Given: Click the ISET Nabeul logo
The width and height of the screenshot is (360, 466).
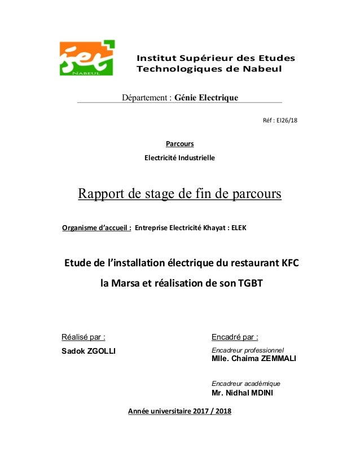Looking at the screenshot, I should [87, 58].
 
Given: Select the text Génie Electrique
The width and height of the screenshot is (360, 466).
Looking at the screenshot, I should [207, 98].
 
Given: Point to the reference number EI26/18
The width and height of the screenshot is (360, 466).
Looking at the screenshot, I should [283, 120].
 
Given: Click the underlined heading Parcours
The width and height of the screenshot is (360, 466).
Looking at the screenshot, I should [179, 143].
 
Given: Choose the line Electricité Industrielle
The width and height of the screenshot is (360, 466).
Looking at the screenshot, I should [180, 157].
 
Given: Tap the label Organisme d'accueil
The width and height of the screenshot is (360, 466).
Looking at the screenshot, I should [96, 228].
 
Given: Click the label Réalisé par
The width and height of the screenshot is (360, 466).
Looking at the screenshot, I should [83, 337].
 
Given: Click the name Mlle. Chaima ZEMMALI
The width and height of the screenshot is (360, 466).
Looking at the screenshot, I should [253, 359].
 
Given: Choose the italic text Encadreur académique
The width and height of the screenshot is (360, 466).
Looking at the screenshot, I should [245, 383].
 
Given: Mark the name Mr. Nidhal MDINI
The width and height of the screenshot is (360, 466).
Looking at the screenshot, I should [242, 393].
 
